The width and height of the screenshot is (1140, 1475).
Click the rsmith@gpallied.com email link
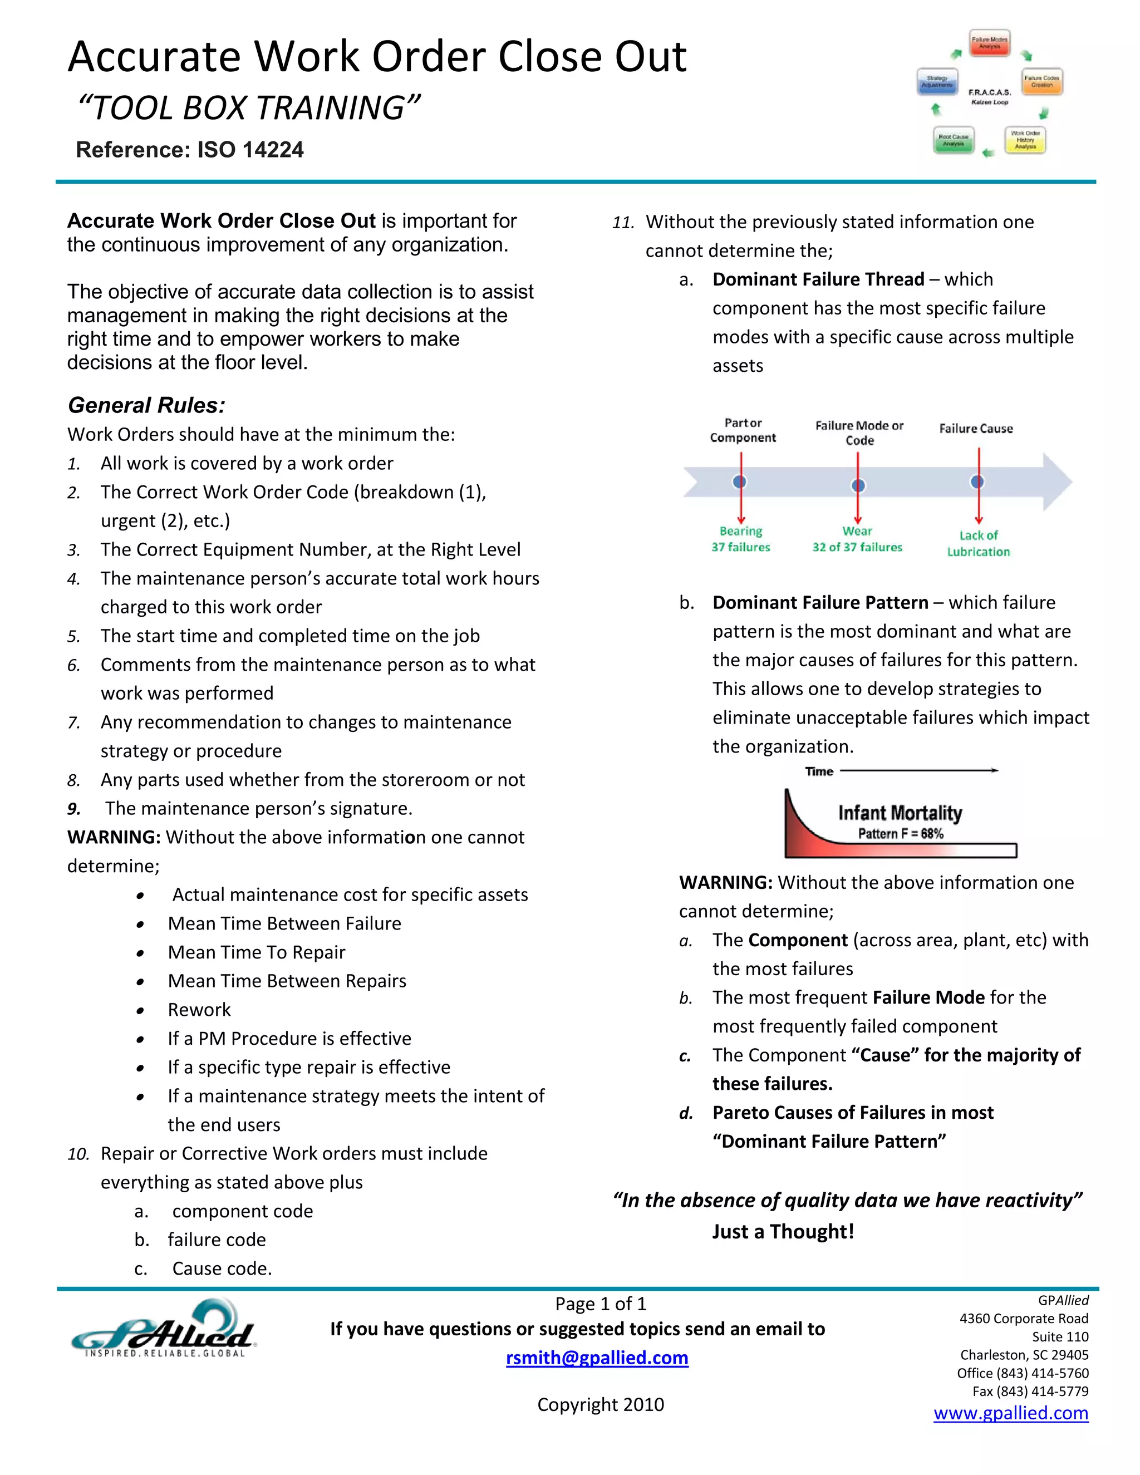597,1358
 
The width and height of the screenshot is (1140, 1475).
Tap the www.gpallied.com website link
1010,1413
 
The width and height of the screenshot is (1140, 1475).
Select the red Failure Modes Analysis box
989,42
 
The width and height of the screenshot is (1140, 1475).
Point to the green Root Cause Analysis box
953,140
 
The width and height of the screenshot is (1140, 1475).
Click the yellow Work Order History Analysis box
1025,140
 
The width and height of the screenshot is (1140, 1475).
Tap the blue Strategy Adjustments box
937,82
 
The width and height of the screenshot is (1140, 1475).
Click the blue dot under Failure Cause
977,481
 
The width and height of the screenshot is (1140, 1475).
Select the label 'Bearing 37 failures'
740,539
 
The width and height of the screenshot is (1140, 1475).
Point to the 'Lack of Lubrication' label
978,543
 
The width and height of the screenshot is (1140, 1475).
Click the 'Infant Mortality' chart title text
900,813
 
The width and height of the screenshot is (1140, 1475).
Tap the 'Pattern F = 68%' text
900,833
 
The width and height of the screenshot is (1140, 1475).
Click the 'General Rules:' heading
146,405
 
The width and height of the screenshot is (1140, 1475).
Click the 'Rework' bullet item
199,1010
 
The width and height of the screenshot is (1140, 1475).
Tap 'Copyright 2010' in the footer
601,1405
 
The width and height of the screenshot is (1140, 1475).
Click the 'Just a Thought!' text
783,1231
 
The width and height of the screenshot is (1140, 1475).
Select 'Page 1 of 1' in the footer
601,1304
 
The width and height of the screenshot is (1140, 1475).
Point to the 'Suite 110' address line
1060,1336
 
